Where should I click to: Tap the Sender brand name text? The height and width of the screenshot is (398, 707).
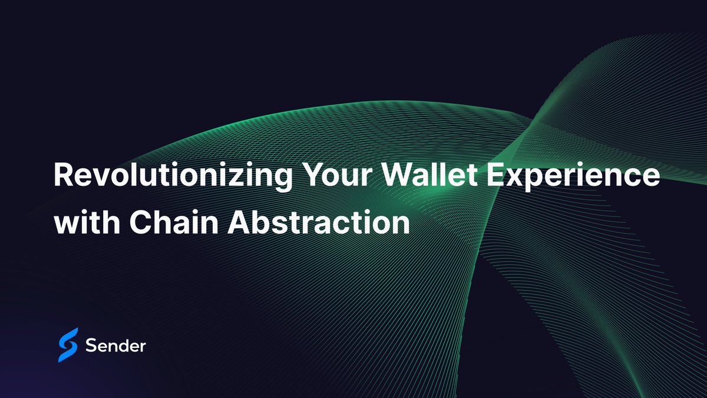pyautogui.click(x=115, y=346)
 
